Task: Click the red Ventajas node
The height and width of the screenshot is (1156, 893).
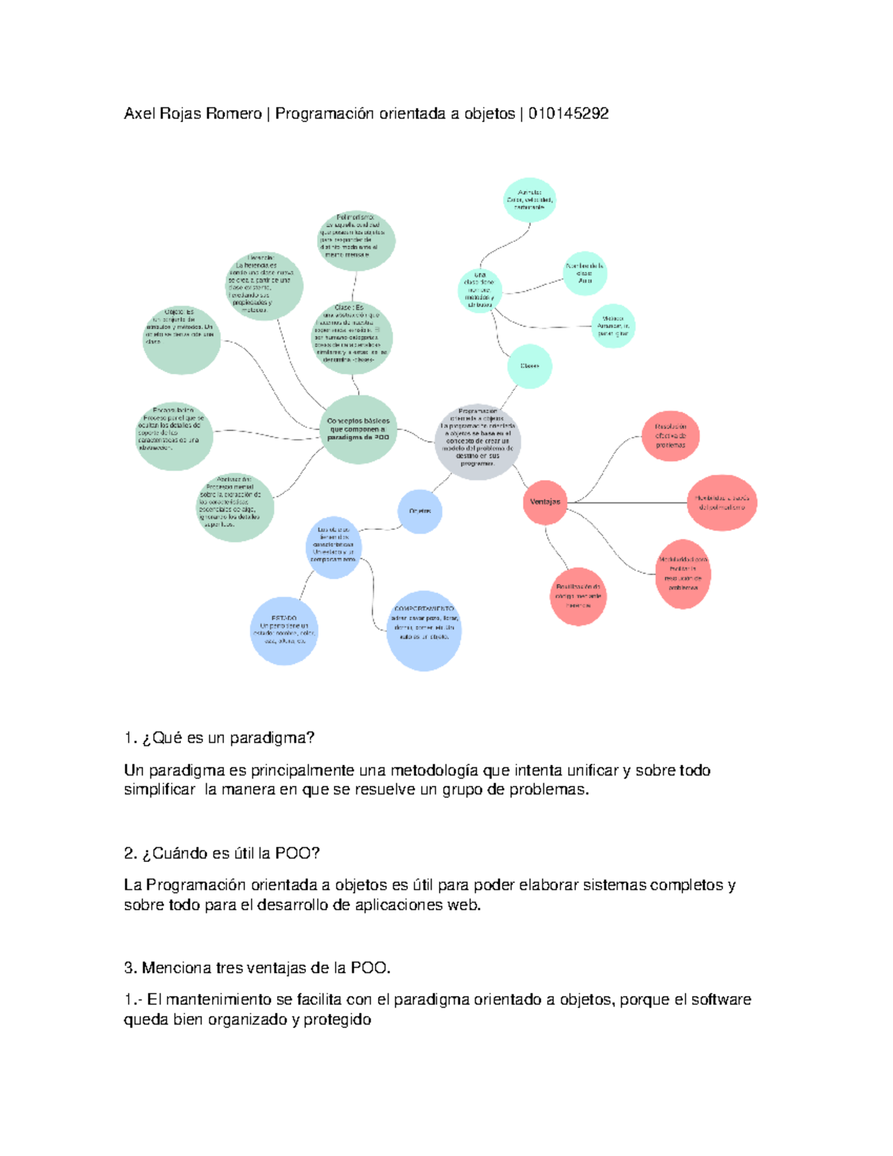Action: click(545, 502)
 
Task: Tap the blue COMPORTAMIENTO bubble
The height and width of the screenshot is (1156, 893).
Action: click(423, 630)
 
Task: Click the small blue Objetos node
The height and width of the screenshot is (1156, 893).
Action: click(420, 511)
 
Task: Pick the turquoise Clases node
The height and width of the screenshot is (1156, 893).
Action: click(530, 366)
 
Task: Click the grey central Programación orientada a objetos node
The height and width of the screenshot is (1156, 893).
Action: click(477, 441)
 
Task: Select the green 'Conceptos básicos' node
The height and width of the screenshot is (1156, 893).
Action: click(358, 429)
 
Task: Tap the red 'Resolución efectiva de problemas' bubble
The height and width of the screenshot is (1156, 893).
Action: click(670, 436)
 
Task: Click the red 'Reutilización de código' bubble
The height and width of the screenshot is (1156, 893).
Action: click(578, 595)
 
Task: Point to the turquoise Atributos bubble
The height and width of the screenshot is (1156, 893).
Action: click(529, 200)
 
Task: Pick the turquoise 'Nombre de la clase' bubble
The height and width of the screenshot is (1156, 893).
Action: click(585, 273)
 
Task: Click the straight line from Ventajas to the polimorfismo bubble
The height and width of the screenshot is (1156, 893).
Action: click(633, 503)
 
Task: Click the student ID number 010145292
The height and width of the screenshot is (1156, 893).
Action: click(569, 114)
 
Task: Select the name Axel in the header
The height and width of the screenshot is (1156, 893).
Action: click(138, 114)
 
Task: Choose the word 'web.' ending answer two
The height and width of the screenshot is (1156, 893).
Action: click(464, 905)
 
